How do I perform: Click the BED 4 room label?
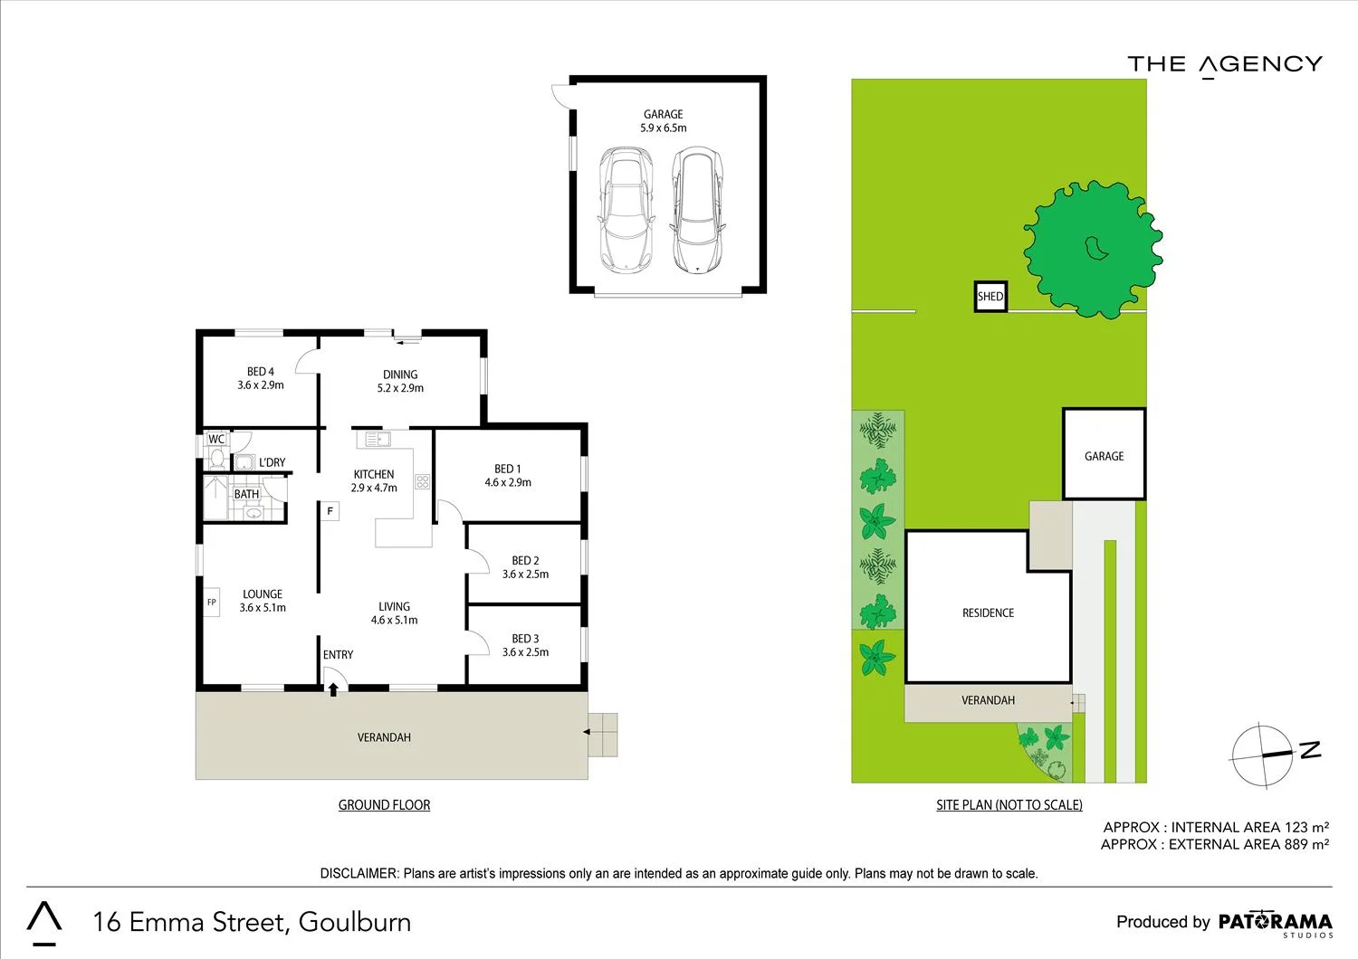pyautogui.click(x=261, y=372)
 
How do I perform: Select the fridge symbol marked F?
pyautogui.click(x=330, y=511)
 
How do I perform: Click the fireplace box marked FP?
pyautogui.click(x=212, y=603)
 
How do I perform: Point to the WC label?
pyautogui.click(x=216, y=440)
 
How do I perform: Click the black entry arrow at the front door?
pyautogui.click(x=333, y=689)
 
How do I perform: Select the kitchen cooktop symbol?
pyautogui.click(x=422, y=481)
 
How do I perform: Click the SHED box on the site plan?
pyautogui.click(x=990, y=297)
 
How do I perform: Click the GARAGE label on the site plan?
pyautogui.click(x=1104, y=456)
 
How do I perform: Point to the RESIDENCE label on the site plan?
pyautogui.click(x=988, y=613)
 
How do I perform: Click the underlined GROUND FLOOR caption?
pyautogui.click(x=384, y=805)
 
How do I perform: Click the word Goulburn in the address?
pyautogui.click(x=355, y=922)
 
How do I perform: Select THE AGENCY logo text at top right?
pyautogui.click(x=1225, y=64)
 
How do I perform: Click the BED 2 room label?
pyautogui.click(x=525, y=561)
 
